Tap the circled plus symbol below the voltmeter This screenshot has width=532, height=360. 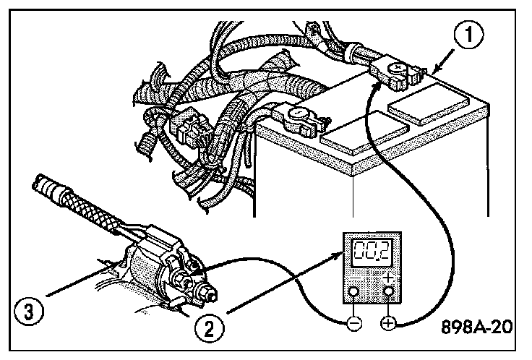[390, 323]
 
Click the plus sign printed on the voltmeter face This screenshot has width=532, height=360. [389, 278]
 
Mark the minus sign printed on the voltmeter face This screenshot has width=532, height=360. [354, 278]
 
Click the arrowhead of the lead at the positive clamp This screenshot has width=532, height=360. [377, 85]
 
